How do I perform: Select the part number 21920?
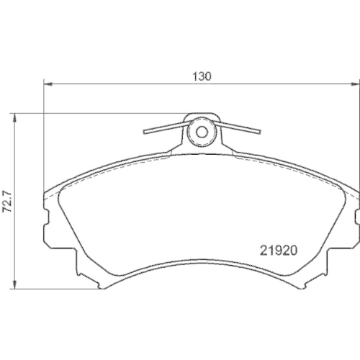coord(278,253)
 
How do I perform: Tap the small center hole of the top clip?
coord(202,132)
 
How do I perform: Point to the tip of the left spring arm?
coord(145,132)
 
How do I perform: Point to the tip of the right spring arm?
coord(259,132)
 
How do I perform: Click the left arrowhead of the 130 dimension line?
coord(48,84)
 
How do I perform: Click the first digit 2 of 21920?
coord(263,253)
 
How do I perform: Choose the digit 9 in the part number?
coord(278,253)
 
